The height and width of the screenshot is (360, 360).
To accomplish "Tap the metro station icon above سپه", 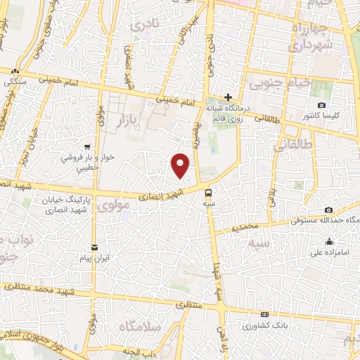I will coord(209,192).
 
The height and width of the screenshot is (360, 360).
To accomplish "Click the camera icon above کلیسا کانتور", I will coord(322,105).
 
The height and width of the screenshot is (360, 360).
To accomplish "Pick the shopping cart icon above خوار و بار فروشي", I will coord(86,148).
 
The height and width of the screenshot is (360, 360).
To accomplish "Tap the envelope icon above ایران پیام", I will coord(94,246).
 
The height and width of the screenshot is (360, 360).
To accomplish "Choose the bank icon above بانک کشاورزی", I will coord(264,314).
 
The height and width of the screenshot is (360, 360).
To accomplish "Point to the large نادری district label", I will coord(146,25).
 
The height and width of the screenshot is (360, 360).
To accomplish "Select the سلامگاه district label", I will coord(140,327).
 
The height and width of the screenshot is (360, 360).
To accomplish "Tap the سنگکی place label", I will coord(14,82).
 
